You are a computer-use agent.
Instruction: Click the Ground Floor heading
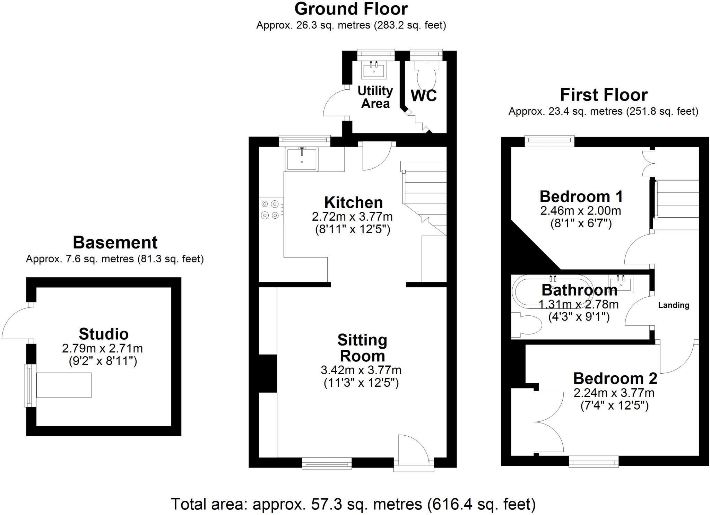point(351,9)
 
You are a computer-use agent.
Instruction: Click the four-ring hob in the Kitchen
point(270,210)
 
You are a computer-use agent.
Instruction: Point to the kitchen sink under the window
point(301,159)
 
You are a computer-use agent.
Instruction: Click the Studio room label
point(104,334)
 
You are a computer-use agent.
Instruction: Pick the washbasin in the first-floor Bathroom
point(620,283)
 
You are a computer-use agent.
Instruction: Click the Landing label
point(674,305)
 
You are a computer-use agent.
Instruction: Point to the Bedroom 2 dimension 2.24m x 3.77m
point(614,393)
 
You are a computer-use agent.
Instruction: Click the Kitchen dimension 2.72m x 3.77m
point(352,217)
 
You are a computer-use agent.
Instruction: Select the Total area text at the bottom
point(353,504)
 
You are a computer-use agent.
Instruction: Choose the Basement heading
point(115,243)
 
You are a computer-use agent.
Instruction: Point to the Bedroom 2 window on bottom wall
point(594,462)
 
